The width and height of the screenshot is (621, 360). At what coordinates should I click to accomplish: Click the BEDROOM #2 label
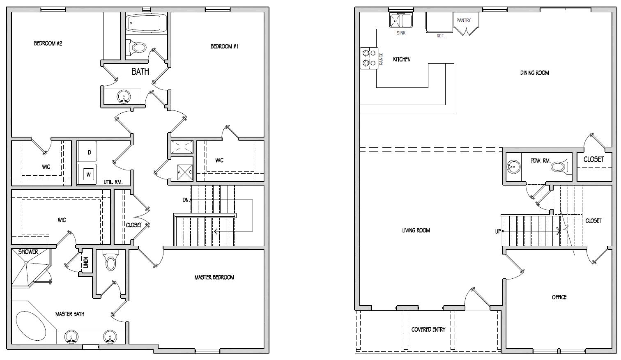coord(48,44)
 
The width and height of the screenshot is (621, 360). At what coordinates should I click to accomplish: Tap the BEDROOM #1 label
coord(225,46)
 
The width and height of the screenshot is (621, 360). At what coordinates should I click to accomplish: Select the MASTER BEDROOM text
coord(214,277)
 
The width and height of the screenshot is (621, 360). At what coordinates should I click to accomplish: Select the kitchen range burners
coord(368,58)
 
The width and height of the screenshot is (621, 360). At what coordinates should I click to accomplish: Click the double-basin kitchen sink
coord(401,20)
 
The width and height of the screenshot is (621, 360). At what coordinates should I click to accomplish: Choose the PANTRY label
coord(463,20)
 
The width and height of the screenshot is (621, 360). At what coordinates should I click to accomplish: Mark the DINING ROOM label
coord(534,73)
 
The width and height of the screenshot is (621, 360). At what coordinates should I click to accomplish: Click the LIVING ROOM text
coord(416,230)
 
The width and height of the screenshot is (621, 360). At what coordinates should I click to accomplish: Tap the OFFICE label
coord(559,297)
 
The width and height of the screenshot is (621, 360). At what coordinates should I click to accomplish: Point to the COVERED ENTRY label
coord(428,330)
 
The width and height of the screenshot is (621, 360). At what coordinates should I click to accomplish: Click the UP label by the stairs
coord(498,232)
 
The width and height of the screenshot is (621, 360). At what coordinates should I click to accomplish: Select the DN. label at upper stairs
coord(186,200)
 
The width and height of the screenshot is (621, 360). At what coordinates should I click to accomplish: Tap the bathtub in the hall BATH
coord(146,23)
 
